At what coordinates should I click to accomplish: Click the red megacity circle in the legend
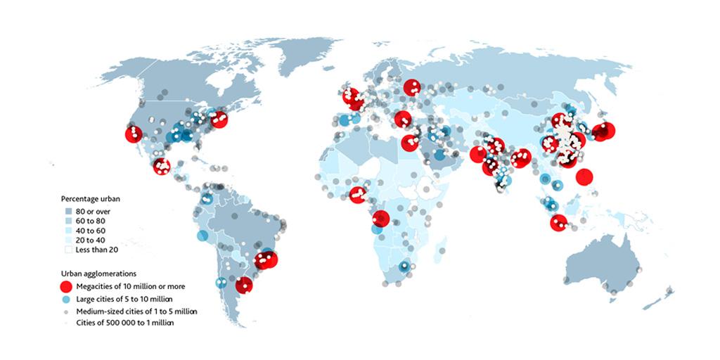65,286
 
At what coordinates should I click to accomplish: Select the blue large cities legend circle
65,300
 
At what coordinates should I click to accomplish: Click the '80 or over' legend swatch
68,211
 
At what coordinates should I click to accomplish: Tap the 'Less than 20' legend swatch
68,249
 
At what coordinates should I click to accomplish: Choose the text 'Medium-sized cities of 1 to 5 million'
137,311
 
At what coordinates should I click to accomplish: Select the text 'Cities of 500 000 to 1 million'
124,322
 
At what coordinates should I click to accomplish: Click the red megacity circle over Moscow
412,87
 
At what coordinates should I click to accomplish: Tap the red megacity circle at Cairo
409,143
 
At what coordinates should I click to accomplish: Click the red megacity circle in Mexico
162,167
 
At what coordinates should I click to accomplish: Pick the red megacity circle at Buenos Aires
244,285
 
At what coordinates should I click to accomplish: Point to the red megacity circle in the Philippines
583,177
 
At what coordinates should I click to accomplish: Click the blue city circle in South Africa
404,266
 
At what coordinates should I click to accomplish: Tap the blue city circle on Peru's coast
202,236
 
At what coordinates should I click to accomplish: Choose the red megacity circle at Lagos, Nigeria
357,193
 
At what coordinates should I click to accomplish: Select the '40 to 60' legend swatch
68,230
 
